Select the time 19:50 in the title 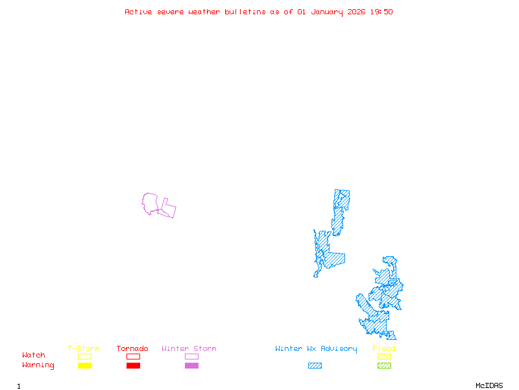tap(382, 12)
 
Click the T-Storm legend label tap(84, 349)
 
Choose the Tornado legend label tap(132, 349)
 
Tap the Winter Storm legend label tap(189, 349)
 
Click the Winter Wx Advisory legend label tap(316, 349)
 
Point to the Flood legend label tap(384, 349)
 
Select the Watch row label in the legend tap(34, 356)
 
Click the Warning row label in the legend tap(38, 365)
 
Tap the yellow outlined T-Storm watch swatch tap(84, 356)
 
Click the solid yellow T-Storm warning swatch tap(84, 366)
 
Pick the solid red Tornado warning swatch tap(133, 366)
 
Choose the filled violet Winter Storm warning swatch tap(191, 366)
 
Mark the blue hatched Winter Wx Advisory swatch tap(315, 366)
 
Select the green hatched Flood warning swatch tap(384, 366)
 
